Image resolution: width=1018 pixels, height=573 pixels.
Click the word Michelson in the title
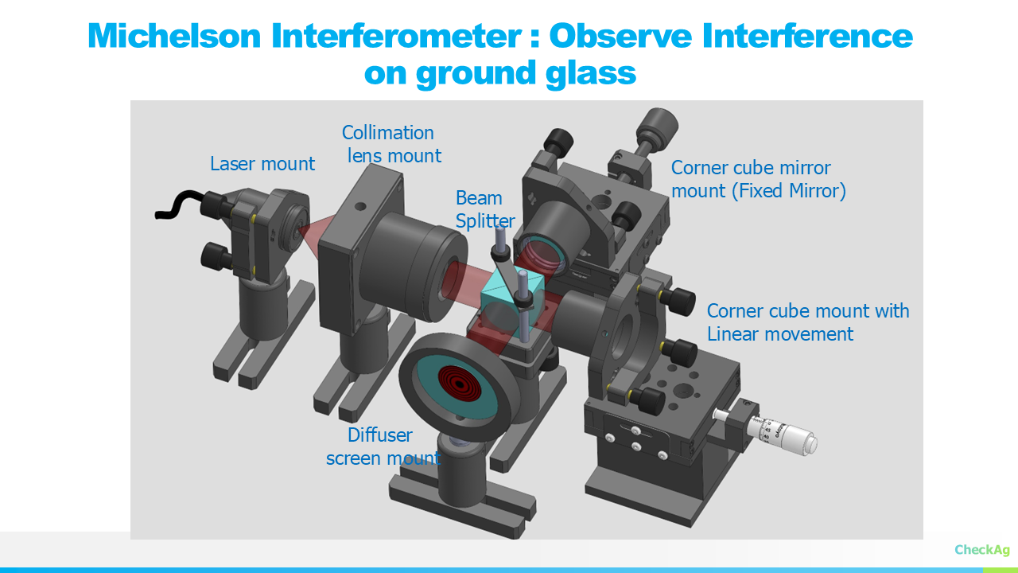pos(174,36)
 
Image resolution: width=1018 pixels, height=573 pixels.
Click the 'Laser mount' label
pos(262,164)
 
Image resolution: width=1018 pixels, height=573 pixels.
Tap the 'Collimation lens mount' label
pos(391,144)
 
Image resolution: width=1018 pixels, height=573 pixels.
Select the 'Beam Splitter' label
pos(485,209)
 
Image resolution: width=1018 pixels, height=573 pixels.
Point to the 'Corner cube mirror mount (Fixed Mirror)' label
pos(759,179)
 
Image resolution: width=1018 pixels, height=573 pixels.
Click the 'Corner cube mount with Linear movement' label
pos(807,322)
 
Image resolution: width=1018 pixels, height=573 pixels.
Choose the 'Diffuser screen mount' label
pos(383,446)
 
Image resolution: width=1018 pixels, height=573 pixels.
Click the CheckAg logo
pos(981,550)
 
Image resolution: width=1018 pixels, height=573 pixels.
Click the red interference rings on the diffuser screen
pos(460,384)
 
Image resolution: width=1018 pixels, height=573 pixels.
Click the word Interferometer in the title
pos(396,36)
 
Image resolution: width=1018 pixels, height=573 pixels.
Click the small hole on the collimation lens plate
pos(360,206)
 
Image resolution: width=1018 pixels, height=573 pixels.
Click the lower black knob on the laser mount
pos(217,257)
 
